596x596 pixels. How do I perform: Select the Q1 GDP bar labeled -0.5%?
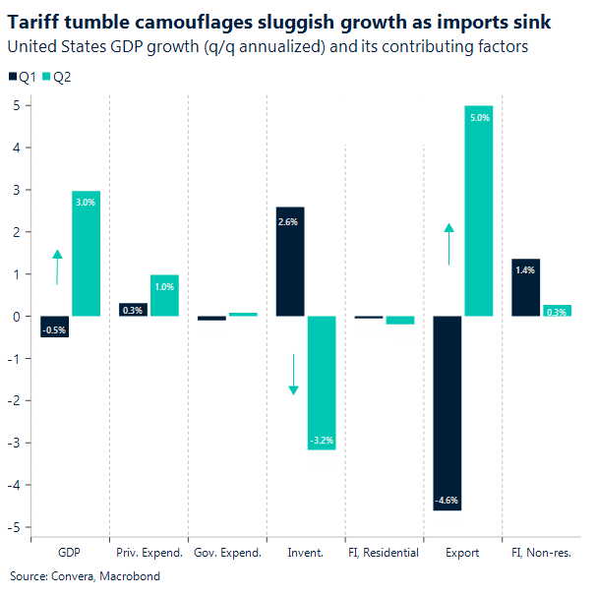click(55, 327)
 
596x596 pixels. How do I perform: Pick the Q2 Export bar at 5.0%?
click(479, 210)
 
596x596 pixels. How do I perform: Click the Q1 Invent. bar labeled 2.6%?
click(290, 261)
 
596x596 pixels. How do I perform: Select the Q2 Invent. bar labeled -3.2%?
click(322, 384)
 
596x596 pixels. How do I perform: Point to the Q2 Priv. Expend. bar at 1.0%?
click(164, 295)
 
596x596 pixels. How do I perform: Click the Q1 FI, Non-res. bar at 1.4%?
click(526, 287)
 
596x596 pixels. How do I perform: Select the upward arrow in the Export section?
click(448, 244)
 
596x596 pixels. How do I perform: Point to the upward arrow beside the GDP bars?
click(57, 267)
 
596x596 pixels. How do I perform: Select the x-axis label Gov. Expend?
click(227, 553)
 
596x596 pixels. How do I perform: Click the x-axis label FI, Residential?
click(385, 553)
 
